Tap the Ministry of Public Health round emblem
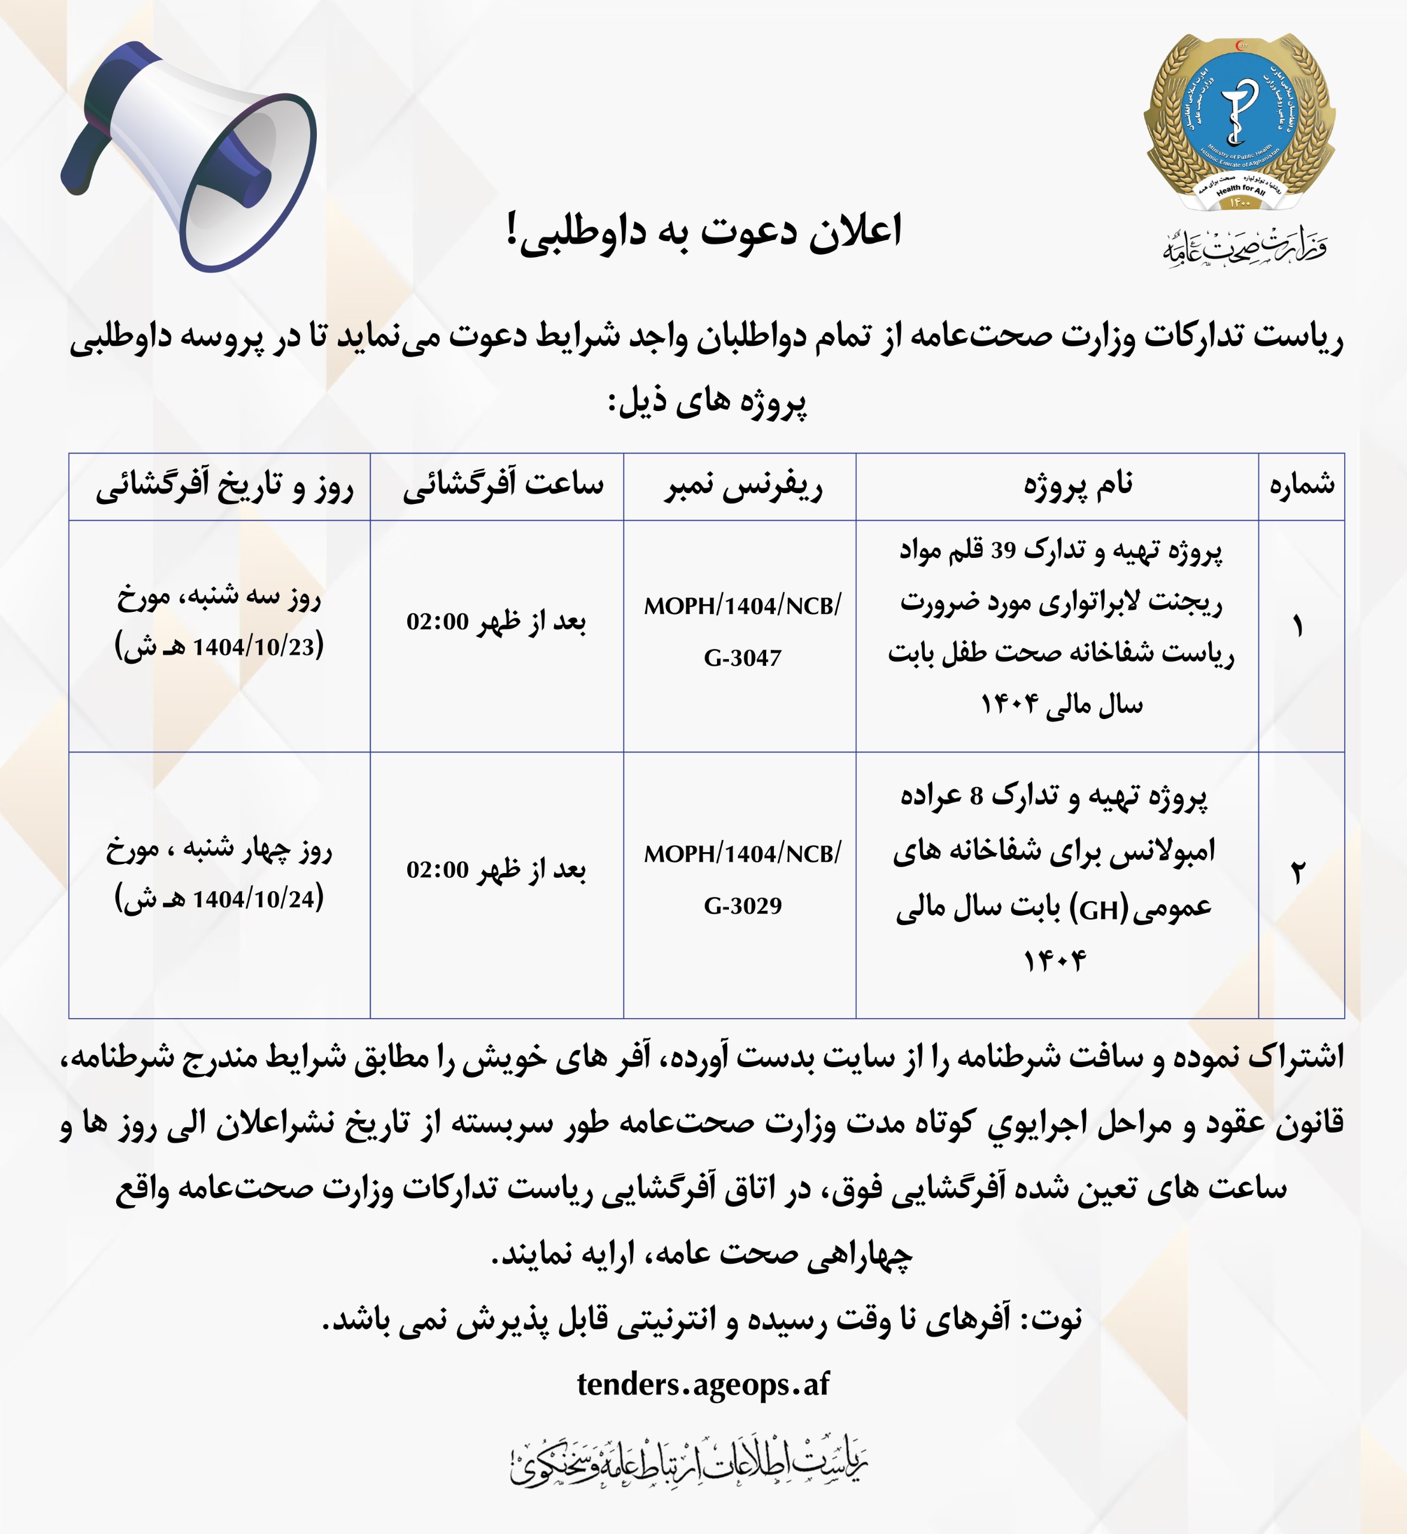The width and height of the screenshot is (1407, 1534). click(1239, 122)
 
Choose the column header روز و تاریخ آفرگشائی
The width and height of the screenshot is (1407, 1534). click(225, 487)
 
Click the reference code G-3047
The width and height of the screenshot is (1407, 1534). click(742, 657)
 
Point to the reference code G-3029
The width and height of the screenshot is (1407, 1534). click(742, 905)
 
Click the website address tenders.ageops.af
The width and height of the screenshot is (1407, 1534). click(703, 1384)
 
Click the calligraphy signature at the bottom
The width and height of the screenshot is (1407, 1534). click(689, 1463)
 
